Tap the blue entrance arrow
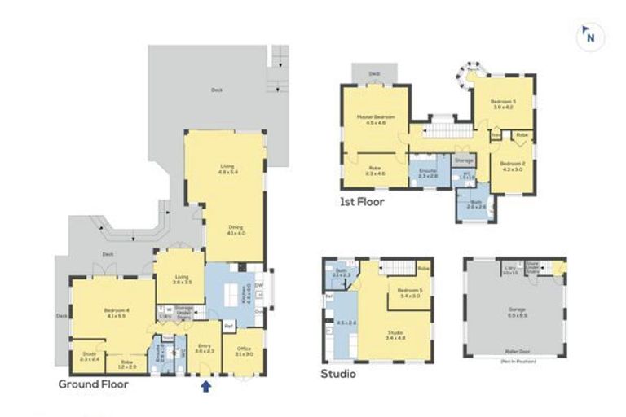[205, 387]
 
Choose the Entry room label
[205, 348]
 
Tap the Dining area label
[236, 230]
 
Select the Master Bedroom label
[375, 119]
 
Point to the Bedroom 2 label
[513, 165]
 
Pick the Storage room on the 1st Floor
[463, 161]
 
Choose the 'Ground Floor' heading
[93, 384]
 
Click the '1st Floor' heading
[362, 200]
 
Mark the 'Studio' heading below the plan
[338, 375]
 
